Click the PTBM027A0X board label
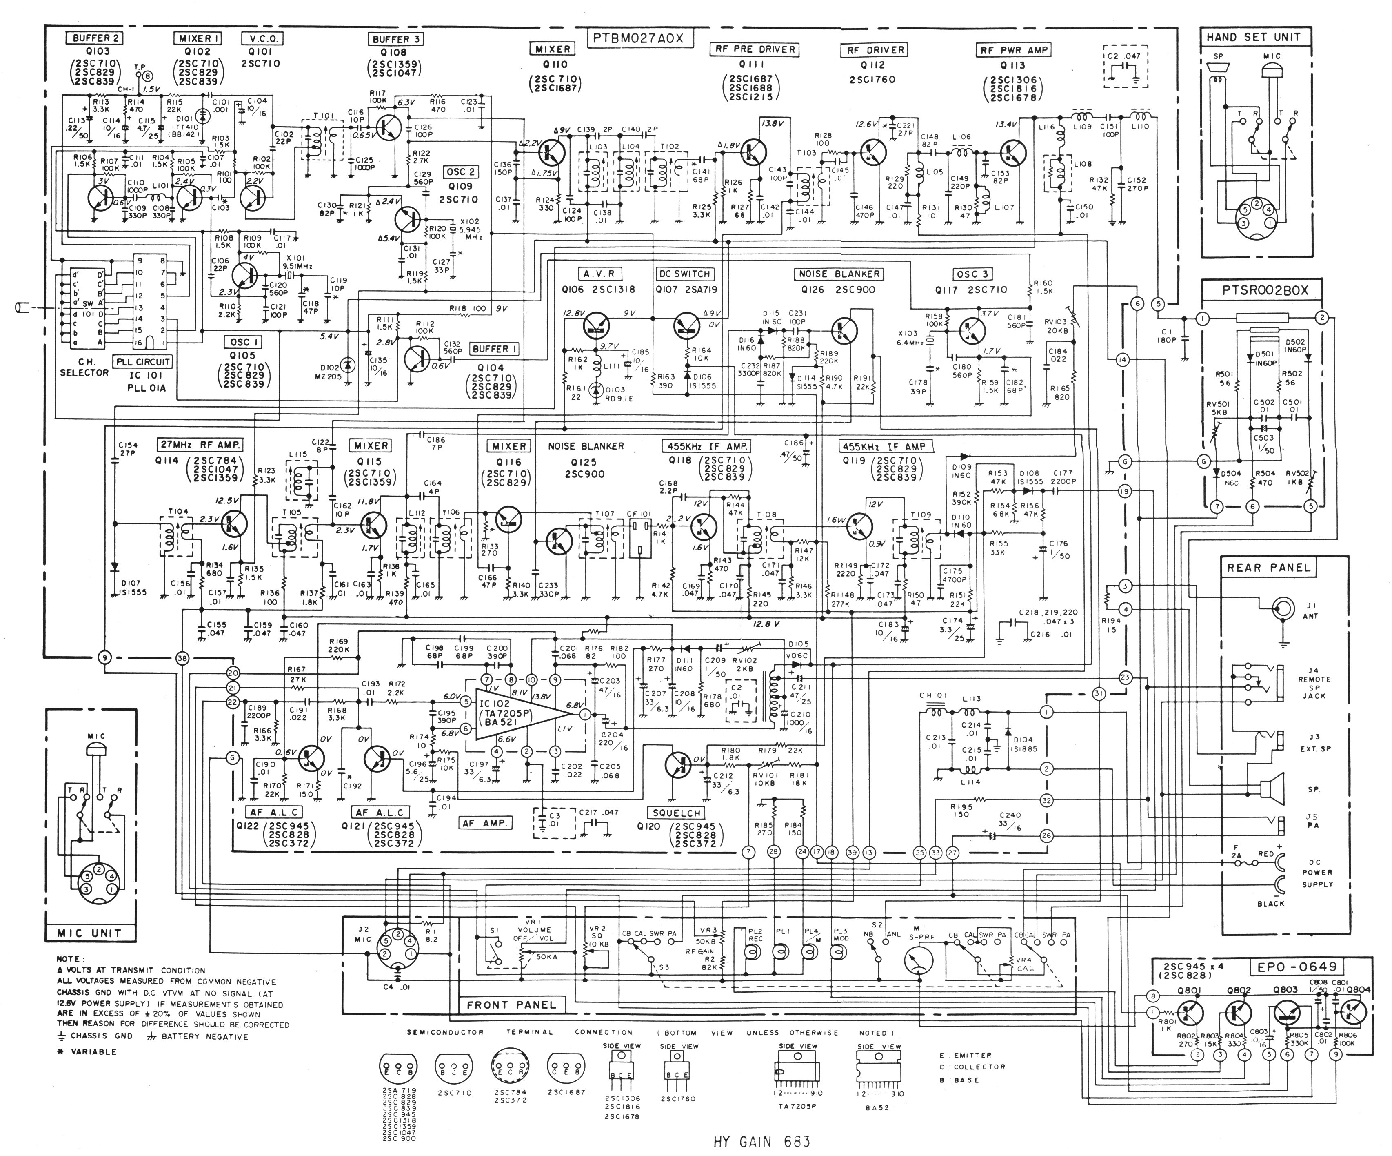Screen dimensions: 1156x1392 [639, 38]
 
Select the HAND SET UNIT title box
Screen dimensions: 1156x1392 [1255, 37]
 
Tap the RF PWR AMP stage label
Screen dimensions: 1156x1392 [1014, 50]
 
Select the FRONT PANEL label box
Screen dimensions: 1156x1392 [511, 1005]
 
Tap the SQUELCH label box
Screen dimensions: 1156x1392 [675, 813]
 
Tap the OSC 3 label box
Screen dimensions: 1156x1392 [972, 274]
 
